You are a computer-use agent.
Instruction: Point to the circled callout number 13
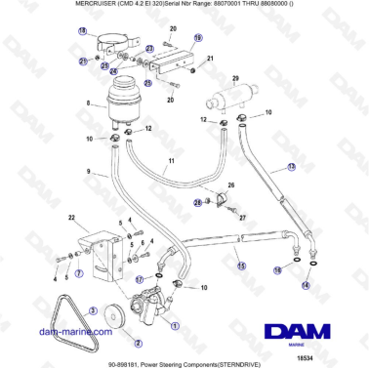point(317,168)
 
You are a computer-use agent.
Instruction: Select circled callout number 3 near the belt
point(93,309)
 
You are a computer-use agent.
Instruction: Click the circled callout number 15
point(241,265)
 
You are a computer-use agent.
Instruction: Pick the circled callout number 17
point(140,279)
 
